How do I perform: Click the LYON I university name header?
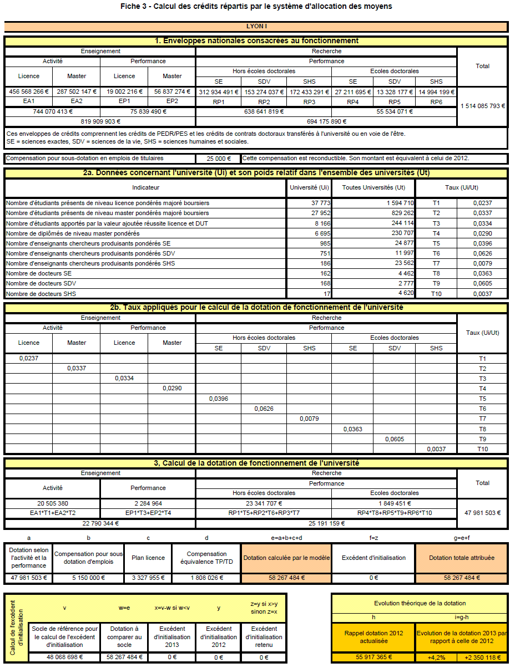click(257, 26)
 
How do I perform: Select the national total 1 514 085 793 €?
click(482, 105)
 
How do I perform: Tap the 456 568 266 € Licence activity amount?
click(29, 91)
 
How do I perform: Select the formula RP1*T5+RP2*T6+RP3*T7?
click(264, 513)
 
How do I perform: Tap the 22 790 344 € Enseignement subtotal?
click(100, 523)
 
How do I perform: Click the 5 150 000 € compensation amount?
click(88, 578)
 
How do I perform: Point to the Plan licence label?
click(148, 558)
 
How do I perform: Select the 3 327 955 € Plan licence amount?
click(148, 578)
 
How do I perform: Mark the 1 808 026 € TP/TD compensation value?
click(206, 578)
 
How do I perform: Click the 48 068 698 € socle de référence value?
click(64, 657)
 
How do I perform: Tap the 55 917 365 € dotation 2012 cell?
click(372, 657)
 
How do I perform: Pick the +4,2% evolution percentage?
click(436, 657)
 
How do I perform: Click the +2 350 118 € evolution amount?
click(482, 657)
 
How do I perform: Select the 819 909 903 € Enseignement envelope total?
click(100, 121)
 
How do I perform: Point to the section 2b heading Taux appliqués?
click(256, 307)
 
